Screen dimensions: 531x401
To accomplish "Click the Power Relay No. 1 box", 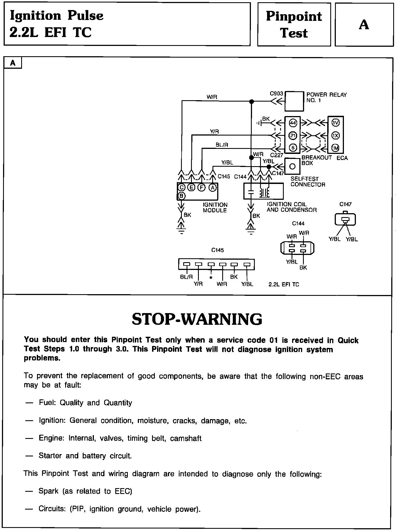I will [294, 101].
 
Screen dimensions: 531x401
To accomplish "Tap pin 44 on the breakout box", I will [293, 122].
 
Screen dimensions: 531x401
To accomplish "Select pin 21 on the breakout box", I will [293, 136].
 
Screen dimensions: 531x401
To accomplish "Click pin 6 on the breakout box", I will [293, 148].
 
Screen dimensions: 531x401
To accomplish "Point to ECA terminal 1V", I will [336, 122].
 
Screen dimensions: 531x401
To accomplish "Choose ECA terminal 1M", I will [336, 148].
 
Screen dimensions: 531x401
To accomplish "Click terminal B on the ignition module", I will [182, 196].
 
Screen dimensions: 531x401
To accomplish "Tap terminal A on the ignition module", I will [213, 188].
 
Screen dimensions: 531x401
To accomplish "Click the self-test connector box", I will [292, 166].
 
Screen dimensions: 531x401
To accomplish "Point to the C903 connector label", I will [276, 94].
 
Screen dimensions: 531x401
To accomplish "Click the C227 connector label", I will [277, 155].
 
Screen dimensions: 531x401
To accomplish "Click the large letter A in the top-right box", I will [364, 25].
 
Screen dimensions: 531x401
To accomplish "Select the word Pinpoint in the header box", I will [294, 16].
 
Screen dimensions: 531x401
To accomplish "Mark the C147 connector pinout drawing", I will [345, 220].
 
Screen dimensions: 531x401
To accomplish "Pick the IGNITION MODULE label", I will [215, 208].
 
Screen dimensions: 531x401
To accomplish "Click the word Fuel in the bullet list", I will [46, 403].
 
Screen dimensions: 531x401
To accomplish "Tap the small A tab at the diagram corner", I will [13, 63].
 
